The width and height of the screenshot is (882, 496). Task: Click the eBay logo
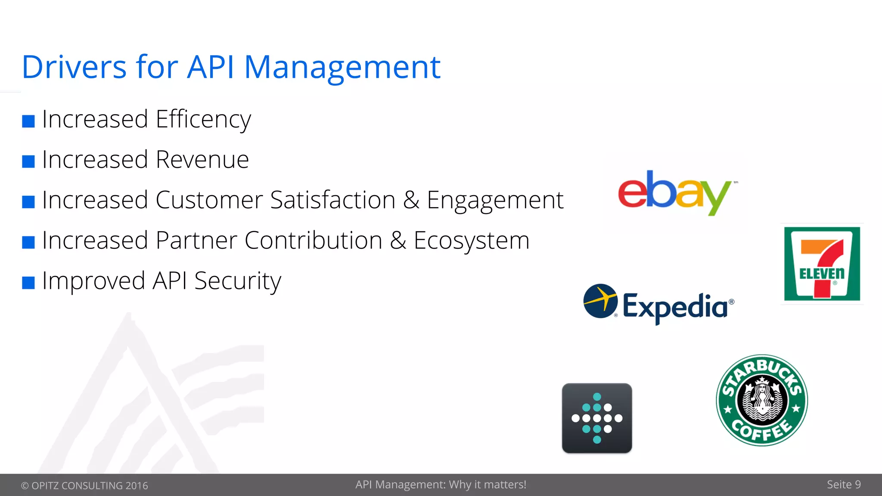675,193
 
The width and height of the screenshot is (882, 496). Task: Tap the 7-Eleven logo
822,263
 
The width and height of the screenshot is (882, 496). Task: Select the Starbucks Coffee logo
761,400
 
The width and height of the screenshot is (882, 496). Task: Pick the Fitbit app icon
597,418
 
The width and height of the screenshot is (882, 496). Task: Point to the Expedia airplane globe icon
600,301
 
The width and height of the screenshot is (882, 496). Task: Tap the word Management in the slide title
342,67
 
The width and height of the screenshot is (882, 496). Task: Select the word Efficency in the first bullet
203,119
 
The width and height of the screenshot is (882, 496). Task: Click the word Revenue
202,160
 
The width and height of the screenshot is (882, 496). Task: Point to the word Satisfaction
332,200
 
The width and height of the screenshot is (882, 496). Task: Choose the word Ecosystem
471,241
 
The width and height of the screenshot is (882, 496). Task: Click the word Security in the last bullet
238,281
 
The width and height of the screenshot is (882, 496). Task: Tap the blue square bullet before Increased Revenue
28,161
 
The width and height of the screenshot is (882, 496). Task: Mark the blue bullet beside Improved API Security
28,283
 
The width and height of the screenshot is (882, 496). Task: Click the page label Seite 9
843,485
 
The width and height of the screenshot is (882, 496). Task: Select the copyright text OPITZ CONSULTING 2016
89,486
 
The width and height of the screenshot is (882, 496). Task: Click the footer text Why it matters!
488,485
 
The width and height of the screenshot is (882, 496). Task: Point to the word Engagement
495,200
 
